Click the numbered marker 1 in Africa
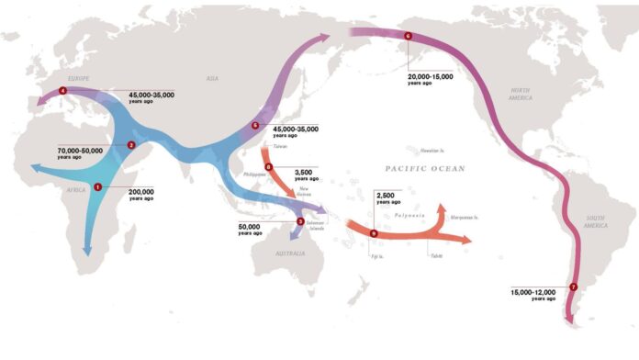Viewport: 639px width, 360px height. coord(97,186)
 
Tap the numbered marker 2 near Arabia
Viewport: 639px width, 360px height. coord(131,144)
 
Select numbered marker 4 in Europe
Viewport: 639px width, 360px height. coord(62,90)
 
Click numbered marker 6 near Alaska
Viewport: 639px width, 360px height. coord(408,36)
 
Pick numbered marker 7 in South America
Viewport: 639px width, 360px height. coord(573,287)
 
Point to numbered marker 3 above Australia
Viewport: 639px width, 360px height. coord(300,221)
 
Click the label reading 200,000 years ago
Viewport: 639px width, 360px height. coord(140,195)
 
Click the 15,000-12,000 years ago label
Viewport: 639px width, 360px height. coord(533,295)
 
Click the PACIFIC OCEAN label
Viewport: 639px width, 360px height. coord(425,169)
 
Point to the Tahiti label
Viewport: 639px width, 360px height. coord(436,255)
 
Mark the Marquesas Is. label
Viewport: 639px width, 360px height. coord(465,218)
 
